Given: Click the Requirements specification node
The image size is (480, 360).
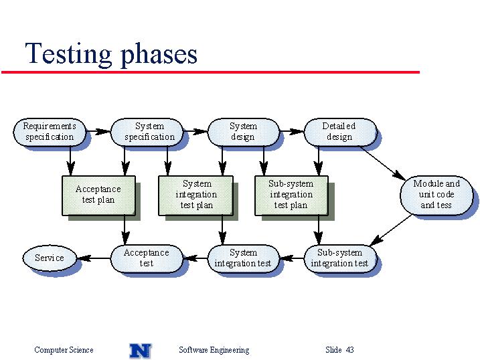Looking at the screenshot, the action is (x=50, y=132).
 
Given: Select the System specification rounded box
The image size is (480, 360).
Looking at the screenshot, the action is (x=147, y=132).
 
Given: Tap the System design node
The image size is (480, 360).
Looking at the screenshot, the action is (x=244, y=132).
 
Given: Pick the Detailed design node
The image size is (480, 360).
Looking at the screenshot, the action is (x=340, y=132).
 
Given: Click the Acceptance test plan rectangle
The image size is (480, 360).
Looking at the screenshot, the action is (x=98, y=195).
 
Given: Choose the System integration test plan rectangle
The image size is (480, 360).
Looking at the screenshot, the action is (x=195, y=195).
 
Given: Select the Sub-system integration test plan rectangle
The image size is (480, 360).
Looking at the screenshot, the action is (x=291, y=195).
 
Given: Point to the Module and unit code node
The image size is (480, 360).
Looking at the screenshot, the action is (x=436, y=195).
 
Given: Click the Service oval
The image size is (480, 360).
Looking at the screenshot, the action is (x=50, y=258).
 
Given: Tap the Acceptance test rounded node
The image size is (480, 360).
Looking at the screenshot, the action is (x=147, y=258).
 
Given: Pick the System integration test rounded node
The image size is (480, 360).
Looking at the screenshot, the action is (x=244, y=258).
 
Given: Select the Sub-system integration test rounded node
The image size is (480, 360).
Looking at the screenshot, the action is (x=340, y=258).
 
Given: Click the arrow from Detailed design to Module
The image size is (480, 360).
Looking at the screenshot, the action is (x=383, y=163).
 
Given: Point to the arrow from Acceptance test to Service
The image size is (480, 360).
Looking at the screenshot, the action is (x=94, y=258).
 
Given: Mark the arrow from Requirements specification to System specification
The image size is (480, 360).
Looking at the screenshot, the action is (x=98, y=132).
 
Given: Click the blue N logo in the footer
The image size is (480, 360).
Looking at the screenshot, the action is (x=141, y=351).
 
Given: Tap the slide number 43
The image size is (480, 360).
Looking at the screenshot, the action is (x=350, y=349).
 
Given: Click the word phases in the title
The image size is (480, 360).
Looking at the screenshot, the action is (x=159, y=54).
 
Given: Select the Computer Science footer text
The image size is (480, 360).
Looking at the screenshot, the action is (x=64, y=350).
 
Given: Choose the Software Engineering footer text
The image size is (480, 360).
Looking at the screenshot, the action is (x=214, y=350).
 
